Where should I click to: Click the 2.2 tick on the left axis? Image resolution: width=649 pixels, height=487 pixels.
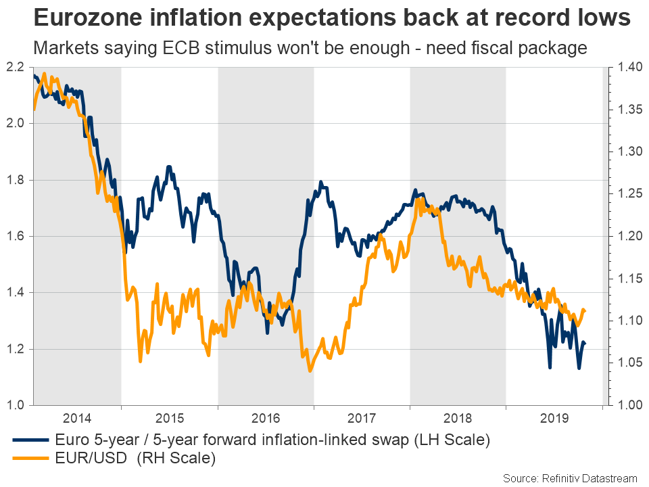(x=16, y=67)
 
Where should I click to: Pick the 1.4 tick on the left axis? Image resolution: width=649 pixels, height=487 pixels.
(x=16, y=293)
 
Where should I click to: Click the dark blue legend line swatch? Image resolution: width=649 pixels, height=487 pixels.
(x=30, y=441)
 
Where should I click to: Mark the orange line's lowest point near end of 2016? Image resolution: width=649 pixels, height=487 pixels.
(x=310, y=371)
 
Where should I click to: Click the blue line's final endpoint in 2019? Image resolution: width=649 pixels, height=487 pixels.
(x=585, y=344)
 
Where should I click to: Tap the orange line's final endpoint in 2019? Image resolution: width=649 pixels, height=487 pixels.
(x=585, y=310)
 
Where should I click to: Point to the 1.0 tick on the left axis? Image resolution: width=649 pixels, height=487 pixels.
(x=16, y=406)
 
